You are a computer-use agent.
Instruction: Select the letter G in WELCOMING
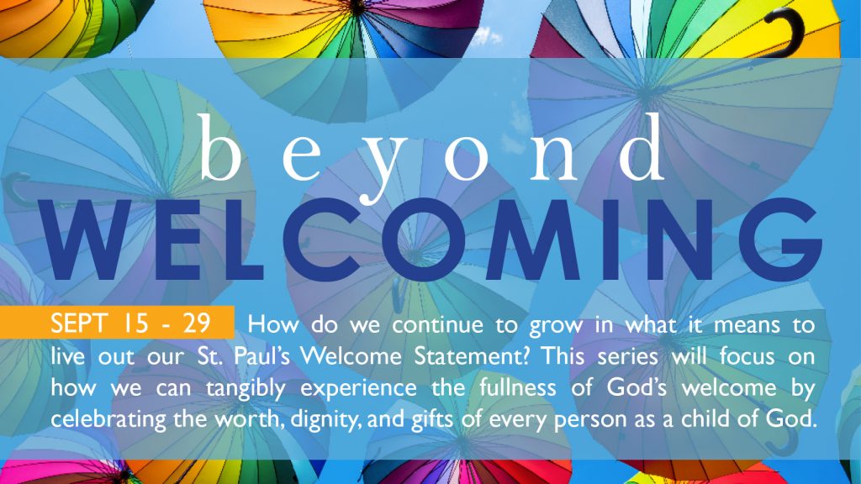pyautogui.click(x=783, y=239)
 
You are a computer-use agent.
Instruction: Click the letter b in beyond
pyautogui.click(x=219, y=147)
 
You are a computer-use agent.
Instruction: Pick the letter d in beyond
pyautogui.click(x=642, y=147)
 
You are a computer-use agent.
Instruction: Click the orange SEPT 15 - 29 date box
pyautogui.click(x=117, y=322)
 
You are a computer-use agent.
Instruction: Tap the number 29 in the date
pyautogui.click(x=197, y=324)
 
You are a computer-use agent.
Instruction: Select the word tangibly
pyautogui.click(x=246, y=389)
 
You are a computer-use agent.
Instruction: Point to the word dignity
pyautogui.click(x=325, y=420)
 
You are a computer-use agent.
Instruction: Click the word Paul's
pyautogui.click(x=262, y=355)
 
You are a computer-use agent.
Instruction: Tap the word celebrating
pyautogui.click(x=108, y=420)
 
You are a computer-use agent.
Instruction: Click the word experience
pyautogui.click(x=358, y=389)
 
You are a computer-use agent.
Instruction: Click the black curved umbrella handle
pyautogui.click(x=787, y=34)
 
